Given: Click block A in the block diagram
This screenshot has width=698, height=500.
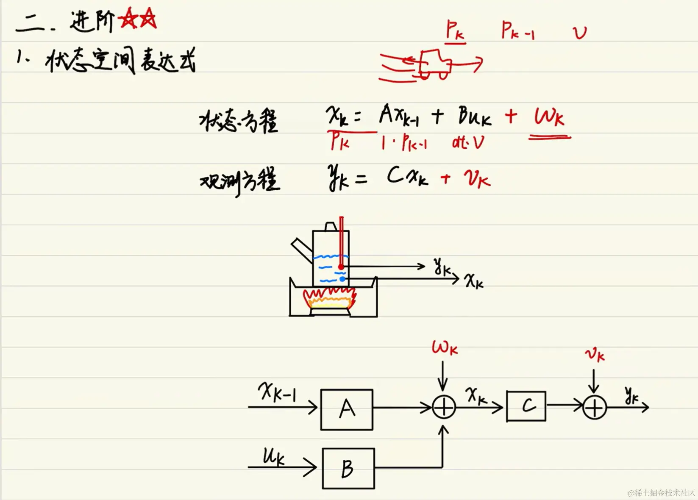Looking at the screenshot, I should pos(347,409).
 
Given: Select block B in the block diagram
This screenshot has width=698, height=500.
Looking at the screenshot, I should pos(348,468).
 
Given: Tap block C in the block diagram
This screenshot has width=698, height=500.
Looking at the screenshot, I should pos(526,406).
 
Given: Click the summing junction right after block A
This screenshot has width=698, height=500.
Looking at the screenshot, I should pos(444,408).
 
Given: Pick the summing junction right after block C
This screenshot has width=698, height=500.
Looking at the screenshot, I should pos(595,408).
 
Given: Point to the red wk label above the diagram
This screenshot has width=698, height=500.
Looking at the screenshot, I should pos(445,348).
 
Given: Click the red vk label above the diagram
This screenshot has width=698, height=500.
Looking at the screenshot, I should pos(595,355).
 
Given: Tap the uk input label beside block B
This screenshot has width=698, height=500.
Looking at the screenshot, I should pos(273,457).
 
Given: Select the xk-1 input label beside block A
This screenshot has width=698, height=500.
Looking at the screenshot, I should pos(278,391).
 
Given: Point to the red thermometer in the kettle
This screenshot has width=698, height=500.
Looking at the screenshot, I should pos(341,244).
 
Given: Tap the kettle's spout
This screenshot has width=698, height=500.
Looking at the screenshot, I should pos(301,250).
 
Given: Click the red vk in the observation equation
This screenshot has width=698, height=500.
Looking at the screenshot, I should pos(477,178).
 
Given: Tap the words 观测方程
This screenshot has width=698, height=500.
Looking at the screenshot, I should pos(239,181).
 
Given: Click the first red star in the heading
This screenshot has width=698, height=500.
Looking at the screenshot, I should pos(128,19).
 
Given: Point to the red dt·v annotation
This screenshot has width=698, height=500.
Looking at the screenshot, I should pos(467,143).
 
